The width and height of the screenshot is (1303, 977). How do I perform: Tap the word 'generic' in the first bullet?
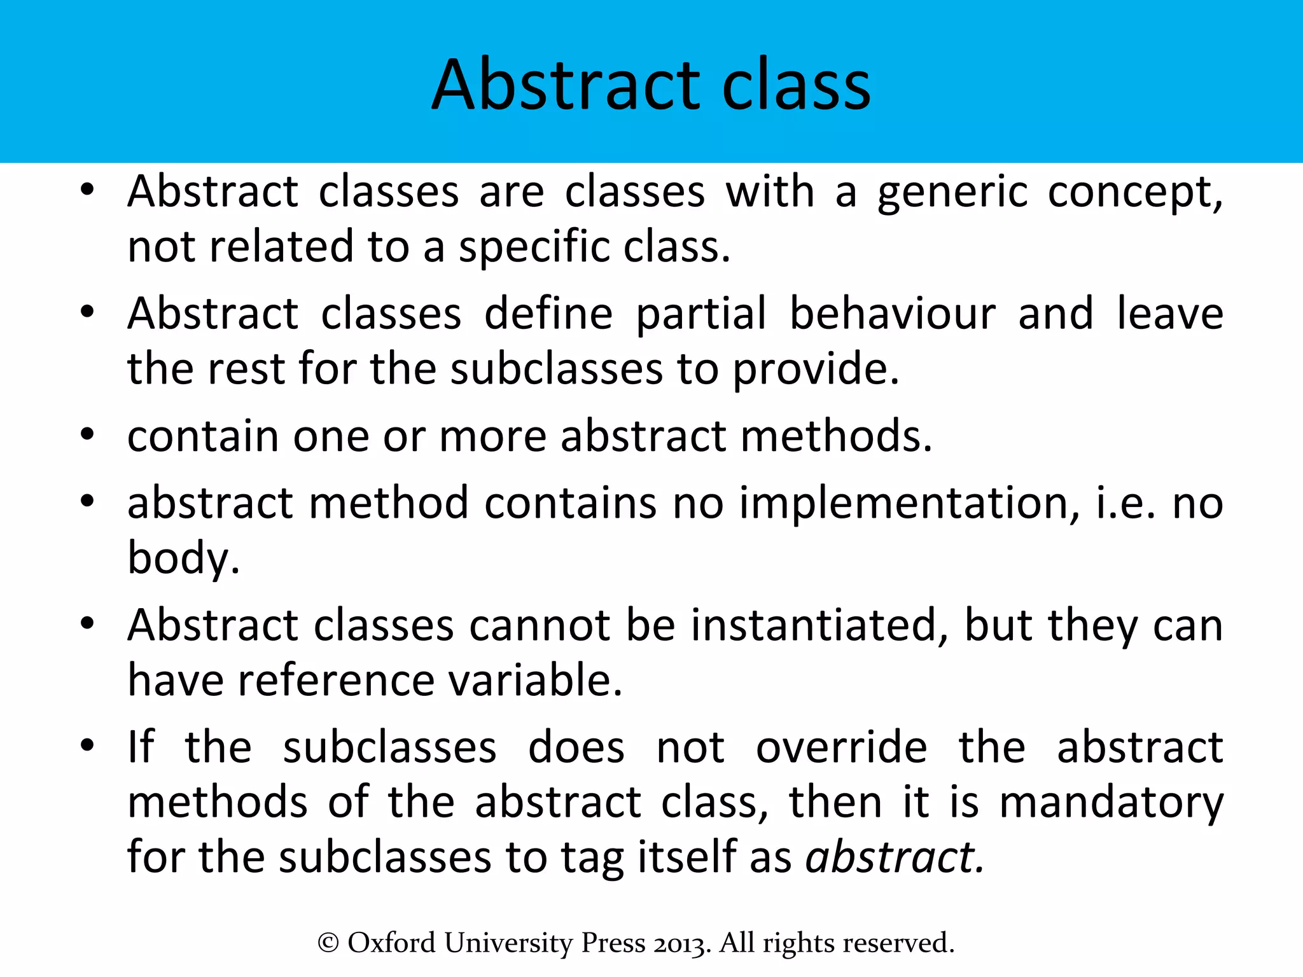[x=952, y=193]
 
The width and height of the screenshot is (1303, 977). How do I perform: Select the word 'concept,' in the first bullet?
[x=1135, y=193]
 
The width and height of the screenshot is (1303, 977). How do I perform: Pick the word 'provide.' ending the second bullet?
[x=816, y=370]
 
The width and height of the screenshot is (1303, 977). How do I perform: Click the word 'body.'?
[x=183, y=558]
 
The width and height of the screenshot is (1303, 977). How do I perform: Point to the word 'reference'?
[x=336, y=681]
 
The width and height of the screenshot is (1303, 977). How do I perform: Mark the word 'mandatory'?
[x=1111, y=803]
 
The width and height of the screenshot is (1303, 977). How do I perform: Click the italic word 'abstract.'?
[x=895, y=857]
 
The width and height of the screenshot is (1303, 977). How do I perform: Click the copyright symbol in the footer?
[x=328, y=943]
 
